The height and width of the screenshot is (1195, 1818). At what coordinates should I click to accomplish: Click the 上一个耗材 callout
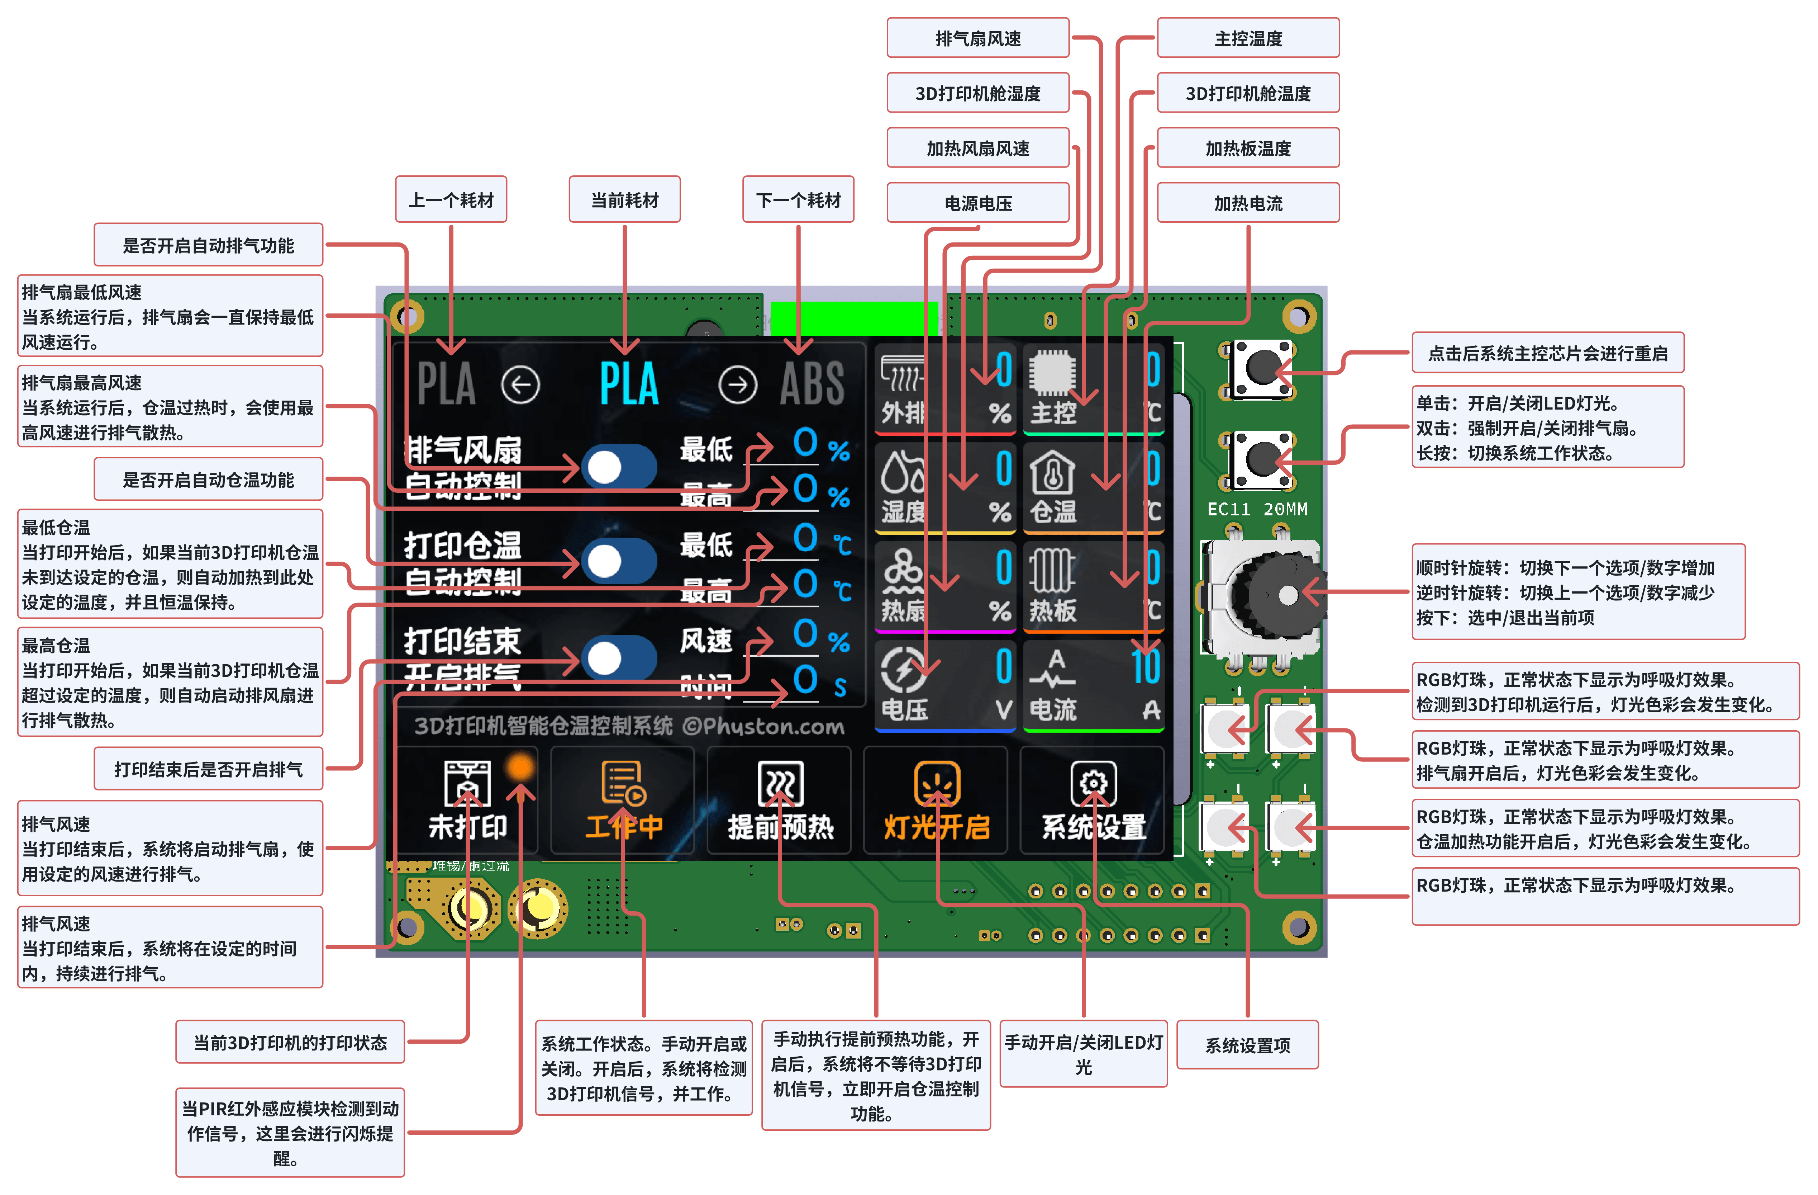coord(451,200)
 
